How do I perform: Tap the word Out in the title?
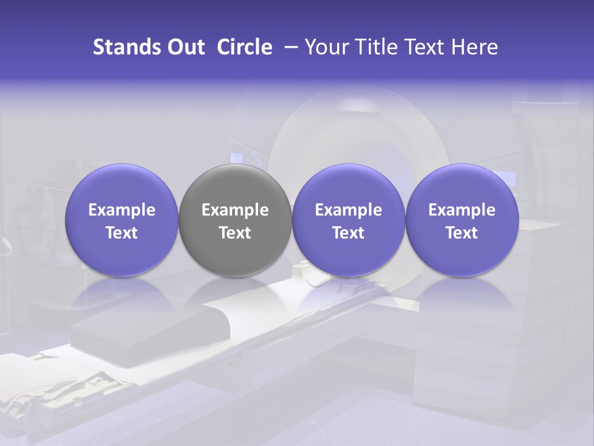coord(184,47)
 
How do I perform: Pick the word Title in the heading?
coord(372,47)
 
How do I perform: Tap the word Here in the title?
coord(474,47)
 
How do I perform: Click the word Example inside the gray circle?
coord(235,211)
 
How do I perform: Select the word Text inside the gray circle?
coord(235,233)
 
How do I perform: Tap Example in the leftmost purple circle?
coord(122,211)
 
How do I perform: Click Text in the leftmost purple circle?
coord(122,233)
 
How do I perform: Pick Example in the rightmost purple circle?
coord(462,211)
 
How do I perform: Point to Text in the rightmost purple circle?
coord(462,233)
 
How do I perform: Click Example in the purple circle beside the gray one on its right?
coord(348,211)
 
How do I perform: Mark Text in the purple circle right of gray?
coord(348,233)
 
